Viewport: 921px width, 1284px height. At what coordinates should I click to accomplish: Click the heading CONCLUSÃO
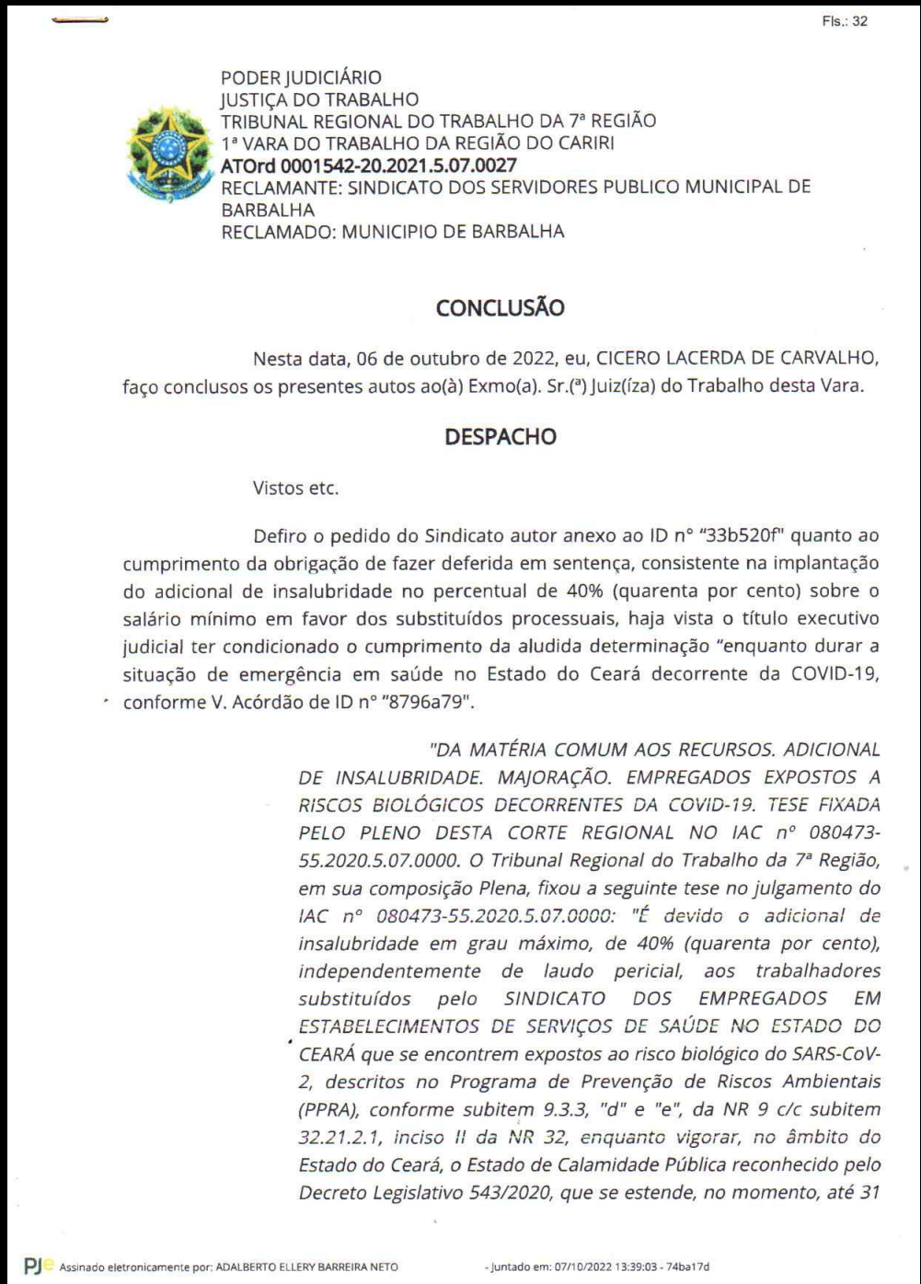pos(500,309)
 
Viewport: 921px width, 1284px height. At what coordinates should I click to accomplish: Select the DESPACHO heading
pos(500,438)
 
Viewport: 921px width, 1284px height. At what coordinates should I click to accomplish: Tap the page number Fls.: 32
pos(846,21)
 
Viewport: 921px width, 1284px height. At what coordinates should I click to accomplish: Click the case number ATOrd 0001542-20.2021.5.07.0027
pos(368,166)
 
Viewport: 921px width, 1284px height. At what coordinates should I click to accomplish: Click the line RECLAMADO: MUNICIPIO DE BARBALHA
pos(392,232)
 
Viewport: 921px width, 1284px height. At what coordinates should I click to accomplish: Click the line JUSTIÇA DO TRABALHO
pos(318,99)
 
